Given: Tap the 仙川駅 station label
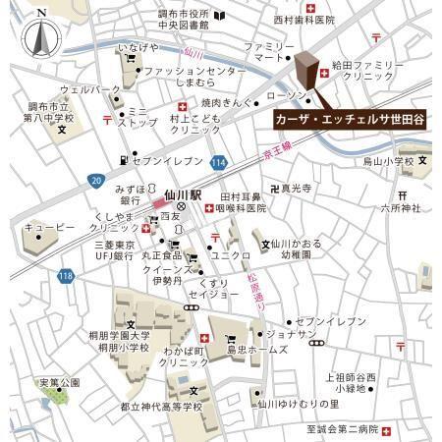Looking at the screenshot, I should click(182, 195).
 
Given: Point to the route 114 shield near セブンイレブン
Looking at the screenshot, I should click(218, 161).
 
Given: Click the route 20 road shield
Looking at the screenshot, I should click(95, 181).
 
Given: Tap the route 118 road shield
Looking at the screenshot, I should click(65, 276).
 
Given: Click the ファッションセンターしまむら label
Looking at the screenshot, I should click(195, 78).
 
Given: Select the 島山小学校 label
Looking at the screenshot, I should click(382, 160).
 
